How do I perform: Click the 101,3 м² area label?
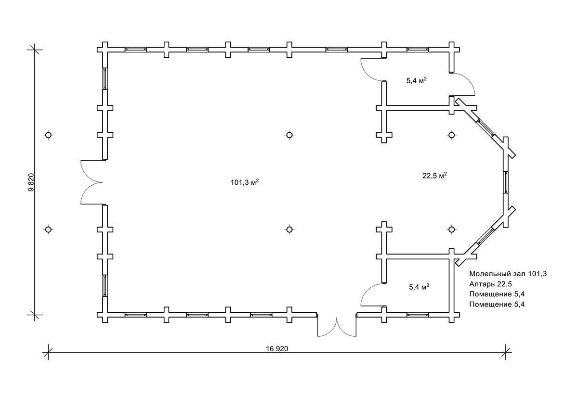(x=244, y=182)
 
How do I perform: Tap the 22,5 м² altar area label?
(x=434, y=175)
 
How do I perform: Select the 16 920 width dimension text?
(x=277, y=349)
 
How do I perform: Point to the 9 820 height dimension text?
(x=31, y=182)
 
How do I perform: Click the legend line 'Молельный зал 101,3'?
(x=508, y=274)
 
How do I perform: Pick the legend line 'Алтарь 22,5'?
(x=490, y=284)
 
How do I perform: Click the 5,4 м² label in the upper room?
(x=417, y=80)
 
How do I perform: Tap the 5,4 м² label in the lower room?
(x=419, y=287)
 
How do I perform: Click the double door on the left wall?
(x=92, y=182)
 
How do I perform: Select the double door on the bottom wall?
(x=337, y=327)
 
